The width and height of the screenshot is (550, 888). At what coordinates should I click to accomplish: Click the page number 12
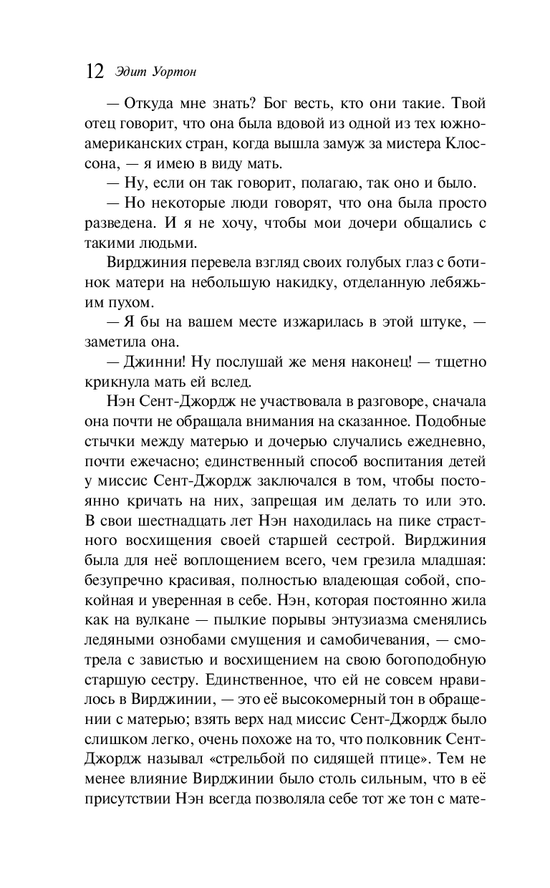95,72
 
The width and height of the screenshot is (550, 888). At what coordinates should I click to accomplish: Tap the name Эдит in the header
127,72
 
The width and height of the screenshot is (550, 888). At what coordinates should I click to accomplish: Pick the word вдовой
291,124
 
